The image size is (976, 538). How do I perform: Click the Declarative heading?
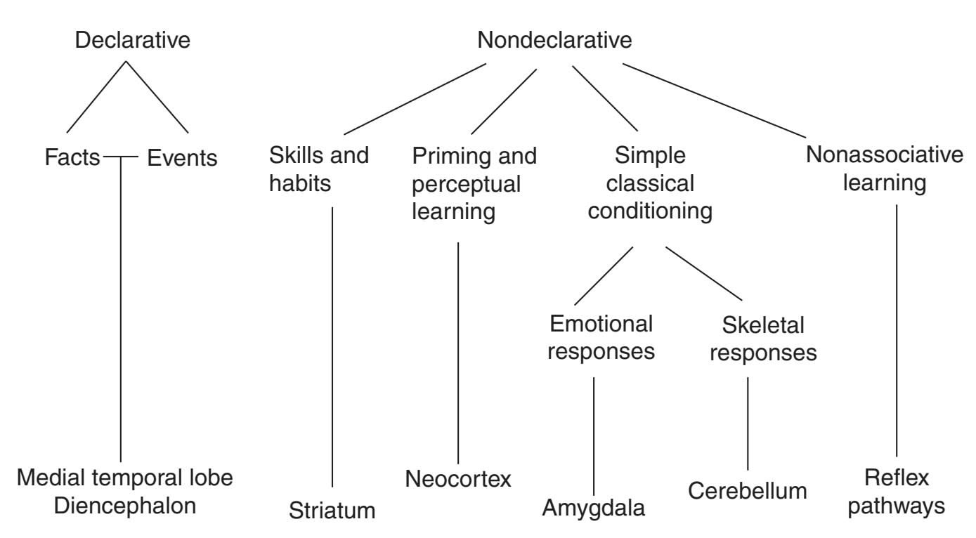(133, 40)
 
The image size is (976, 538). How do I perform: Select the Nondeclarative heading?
(554, 40)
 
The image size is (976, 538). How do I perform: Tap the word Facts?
(73, 158)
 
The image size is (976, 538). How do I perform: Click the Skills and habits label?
(319, 169)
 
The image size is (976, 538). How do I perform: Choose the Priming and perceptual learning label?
(474, 183)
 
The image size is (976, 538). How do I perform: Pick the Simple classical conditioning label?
(650, 183)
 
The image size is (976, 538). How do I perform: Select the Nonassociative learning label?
(885, 169)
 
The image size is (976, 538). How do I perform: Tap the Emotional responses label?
(601, 338)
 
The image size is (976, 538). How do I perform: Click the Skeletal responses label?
(763, 339)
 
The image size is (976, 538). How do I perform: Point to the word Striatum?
(332, 511)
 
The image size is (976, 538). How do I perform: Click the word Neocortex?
(458, 479)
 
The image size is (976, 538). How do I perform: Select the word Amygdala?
(594, 507)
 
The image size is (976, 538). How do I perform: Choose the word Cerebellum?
(748, 490)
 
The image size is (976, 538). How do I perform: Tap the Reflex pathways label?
(897, 492)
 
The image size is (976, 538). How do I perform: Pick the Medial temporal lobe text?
(125, 478)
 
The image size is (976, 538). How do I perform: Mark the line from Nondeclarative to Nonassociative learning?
(714, 100)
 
